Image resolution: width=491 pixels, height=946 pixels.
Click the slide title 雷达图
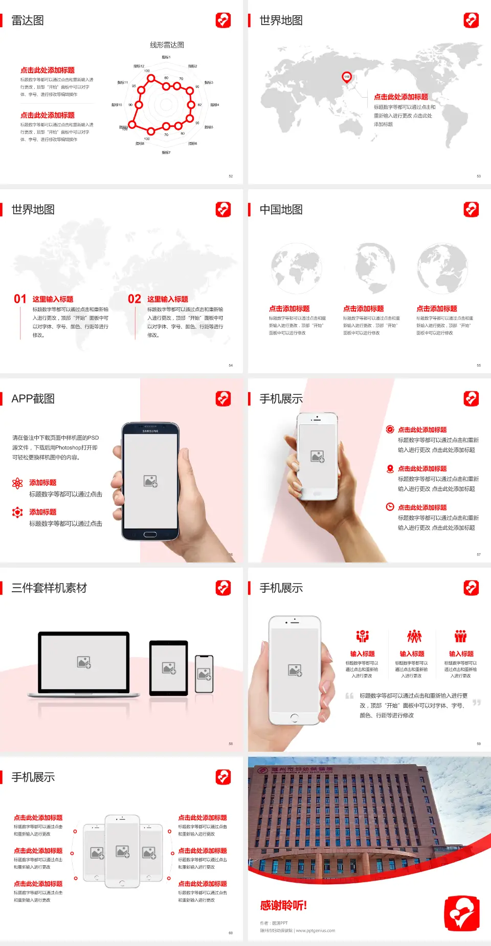[28, 20]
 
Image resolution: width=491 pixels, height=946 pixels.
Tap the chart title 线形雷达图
[167, 45]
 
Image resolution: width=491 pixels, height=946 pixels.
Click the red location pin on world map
[347, 77]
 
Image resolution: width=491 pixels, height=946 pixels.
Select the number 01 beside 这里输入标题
[20, 299]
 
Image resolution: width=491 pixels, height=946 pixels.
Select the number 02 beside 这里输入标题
[135, 299]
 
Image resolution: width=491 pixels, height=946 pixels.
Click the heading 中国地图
[281, 210]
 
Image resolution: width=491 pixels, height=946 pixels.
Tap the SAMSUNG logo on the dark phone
[150, 431]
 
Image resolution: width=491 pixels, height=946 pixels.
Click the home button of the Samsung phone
[150, 534]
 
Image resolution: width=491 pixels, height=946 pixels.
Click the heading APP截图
[33, 399]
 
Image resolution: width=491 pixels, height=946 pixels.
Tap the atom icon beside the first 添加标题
[17, 483]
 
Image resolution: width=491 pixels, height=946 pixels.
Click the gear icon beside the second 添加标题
[17, 512]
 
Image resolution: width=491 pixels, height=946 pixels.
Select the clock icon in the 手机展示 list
[390, 507]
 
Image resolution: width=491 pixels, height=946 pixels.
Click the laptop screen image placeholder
[84, 662]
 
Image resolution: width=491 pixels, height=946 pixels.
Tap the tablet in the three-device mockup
[169, 667]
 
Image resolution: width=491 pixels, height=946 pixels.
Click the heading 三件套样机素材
[49, 588]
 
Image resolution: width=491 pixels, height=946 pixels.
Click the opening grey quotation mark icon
[349, 696]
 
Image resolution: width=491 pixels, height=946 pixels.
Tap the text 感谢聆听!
[283, 906]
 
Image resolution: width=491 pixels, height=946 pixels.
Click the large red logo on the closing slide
[462, 913]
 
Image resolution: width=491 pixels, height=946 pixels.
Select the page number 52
[231, 176]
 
